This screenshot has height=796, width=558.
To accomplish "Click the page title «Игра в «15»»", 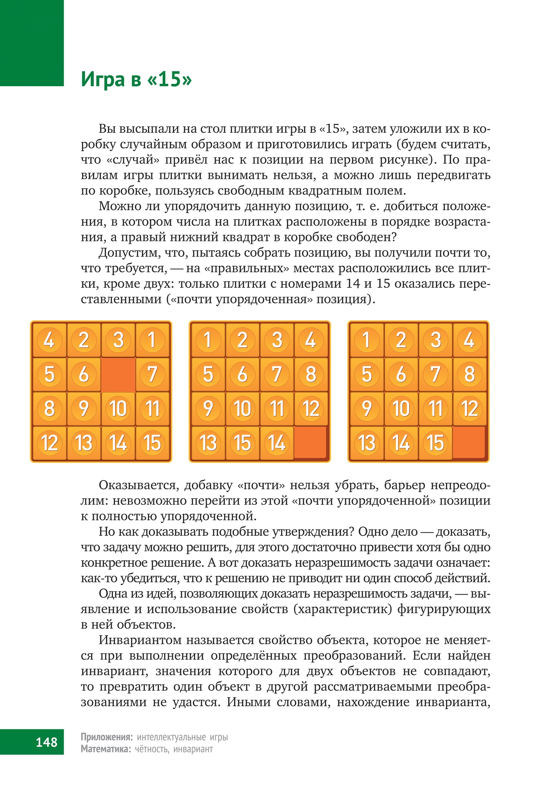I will pos(136,79).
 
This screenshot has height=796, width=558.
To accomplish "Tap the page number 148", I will pos(46,741).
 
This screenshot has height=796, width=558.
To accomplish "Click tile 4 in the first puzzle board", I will pos(49,340).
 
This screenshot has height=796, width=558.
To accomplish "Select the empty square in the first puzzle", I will pos(118,374).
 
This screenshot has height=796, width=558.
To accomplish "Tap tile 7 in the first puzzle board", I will pos(152,374).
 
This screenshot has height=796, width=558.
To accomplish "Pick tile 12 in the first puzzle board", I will pos(49,443).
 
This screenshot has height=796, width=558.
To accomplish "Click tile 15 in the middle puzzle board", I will pos(243,443).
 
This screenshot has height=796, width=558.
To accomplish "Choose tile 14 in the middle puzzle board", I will pos(277,443).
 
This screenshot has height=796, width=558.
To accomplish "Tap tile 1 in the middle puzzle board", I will pos(208,340).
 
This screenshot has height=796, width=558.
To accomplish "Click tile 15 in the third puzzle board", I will pos(435,443).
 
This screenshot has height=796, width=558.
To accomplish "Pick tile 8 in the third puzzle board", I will pos(470,374).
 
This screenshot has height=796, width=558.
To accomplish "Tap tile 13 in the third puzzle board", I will pos(367,443).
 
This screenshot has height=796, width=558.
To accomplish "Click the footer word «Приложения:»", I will pos(106,737).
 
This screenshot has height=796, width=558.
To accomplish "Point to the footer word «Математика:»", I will pos(106,749).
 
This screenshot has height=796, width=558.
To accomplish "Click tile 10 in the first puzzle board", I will pos(118,408).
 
